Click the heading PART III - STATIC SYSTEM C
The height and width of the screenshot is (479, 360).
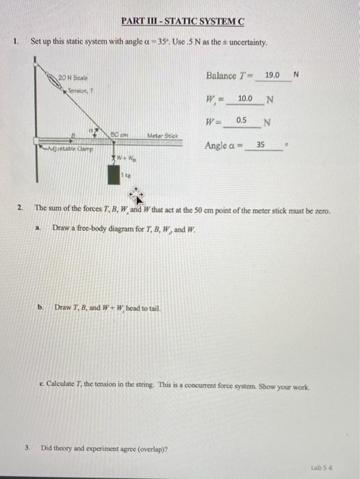pyautogui.click(x=181, y=21)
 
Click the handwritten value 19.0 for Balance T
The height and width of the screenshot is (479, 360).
pyautogui.click(x=272, y=74)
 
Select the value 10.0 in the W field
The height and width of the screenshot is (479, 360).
pyautogui.click(x=244, y=99)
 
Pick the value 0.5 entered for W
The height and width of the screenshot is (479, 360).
pyautogui.click(x=242, y=120)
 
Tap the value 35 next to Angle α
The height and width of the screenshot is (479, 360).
pyautogui.click(x=260, y=145)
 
